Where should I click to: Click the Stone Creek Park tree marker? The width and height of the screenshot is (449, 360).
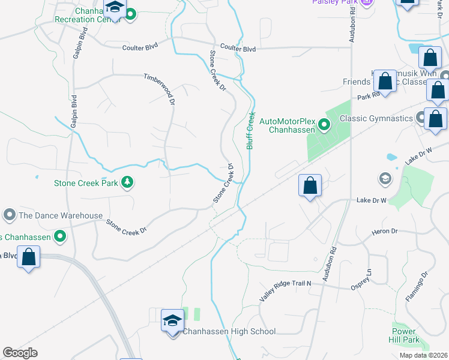127,182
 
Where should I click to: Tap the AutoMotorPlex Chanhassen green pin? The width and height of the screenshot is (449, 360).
324,125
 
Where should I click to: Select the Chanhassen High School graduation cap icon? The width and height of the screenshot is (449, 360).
172,322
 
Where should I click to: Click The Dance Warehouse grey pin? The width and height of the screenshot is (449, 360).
9,215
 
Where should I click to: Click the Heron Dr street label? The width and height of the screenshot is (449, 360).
385,231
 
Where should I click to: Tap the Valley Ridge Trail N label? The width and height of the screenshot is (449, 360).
286,291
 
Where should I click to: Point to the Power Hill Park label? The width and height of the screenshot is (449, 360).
403,335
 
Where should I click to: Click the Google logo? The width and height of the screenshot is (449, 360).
20,353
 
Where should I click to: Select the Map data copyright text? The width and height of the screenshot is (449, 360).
423,355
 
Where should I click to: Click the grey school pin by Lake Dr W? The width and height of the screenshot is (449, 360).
384,178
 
